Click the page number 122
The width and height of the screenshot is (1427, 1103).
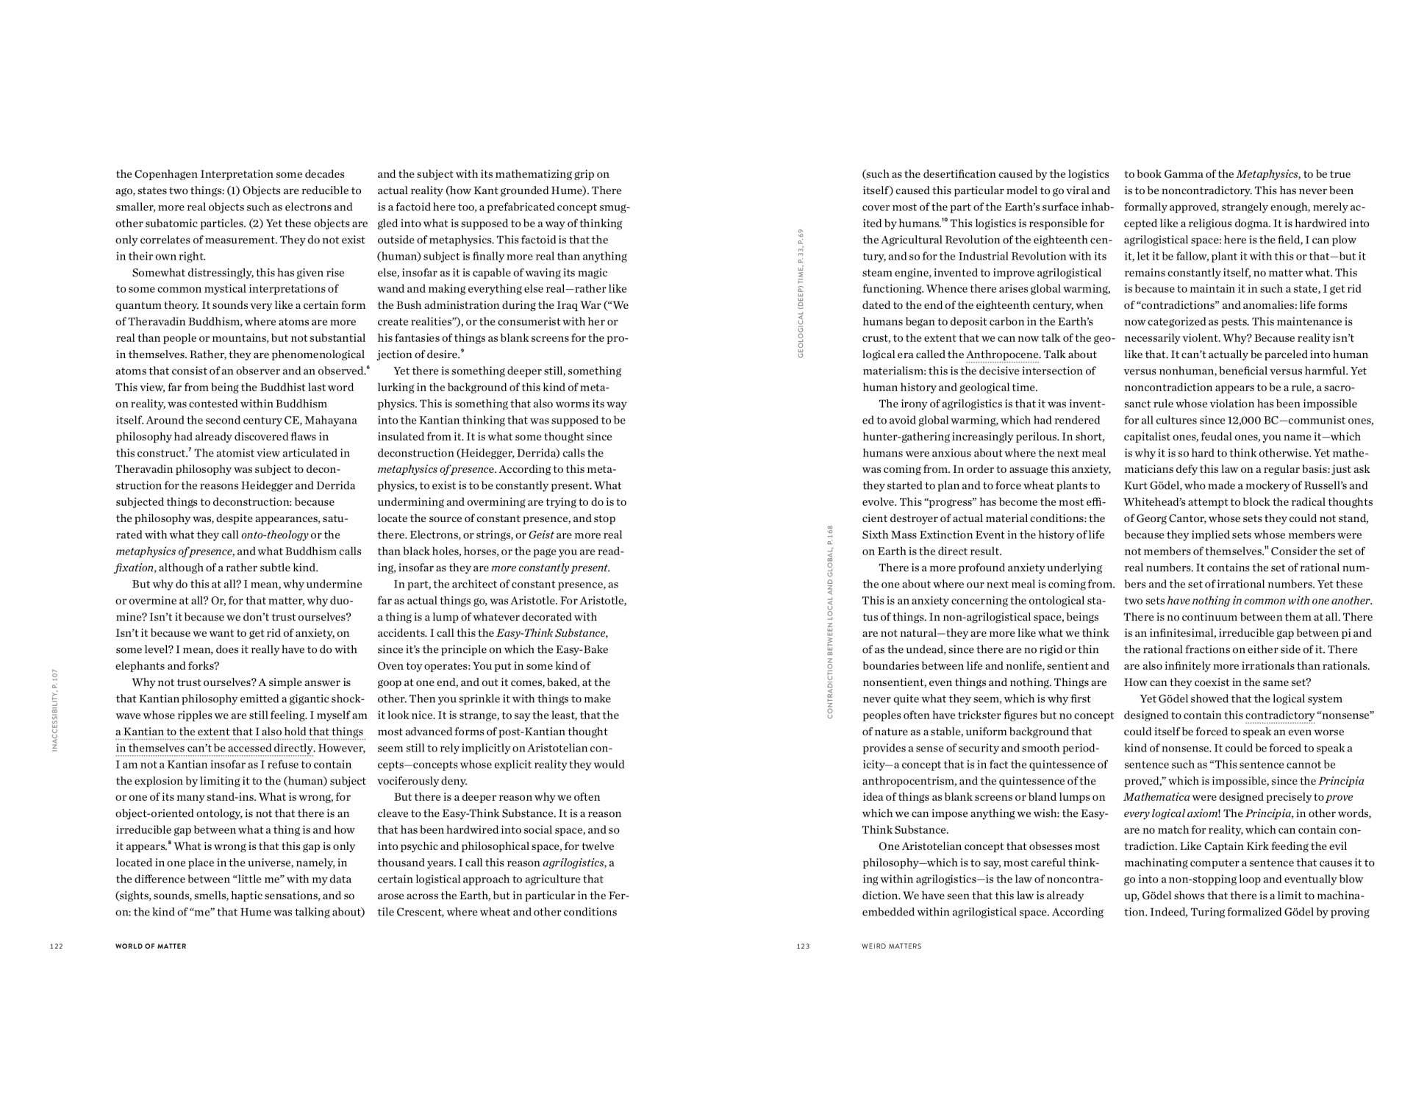[57, 946]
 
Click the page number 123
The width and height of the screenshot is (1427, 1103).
[803, 946]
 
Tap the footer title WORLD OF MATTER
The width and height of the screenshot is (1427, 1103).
[151, 946]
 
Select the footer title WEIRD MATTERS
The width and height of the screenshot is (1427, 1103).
[891, 946]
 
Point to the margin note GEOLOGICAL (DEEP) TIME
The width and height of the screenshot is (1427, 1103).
[801, 294]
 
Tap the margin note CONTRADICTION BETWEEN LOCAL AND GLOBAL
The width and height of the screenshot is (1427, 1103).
[830, 621]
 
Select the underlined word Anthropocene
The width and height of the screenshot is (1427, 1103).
[1002, 354]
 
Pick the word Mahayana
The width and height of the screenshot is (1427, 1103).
[331, 420]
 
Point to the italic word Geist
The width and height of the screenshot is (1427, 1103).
[541, 535]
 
